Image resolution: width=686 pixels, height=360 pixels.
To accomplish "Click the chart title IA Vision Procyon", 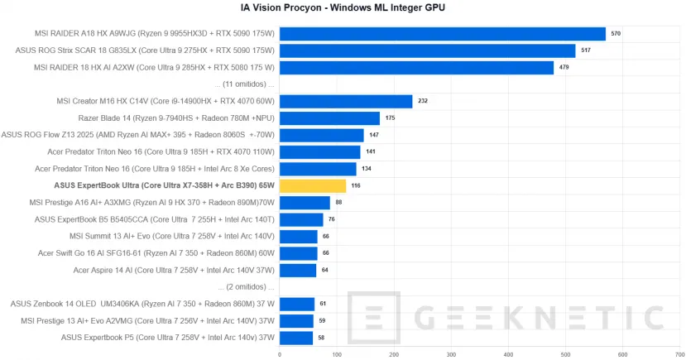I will click(x=343, y=7).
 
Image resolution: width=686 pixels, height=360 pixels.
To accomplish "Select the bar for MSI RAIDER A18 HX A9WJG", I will click(x=443, y=34).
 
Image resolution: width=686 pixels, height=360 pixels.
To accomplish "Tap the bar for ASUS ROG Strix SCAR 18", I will click(x=427, y=50).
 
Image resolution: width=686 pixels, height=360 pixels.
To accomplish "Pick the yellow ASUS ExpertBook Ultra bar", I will click(x=313, y=186).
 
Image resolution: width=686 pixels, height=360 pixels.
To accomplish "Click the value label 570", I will click(x=616, y=34).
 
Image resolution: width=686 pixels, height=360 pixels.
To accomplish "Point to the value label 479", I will click(x=564, y=67).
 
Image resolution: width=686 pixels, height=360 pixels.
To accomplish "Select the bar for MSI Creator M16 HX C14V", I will click(x=346, y=102).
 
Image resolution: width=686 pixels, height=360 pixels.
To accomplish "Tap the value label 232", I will click(x=423, y=102).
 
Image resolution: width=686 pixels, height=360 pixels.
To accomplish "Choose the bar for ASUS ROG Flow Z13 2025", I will click(x=322, y=136).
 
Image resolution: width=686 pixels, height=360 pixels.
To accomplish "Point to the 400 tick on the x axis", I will click(x=509, y=353).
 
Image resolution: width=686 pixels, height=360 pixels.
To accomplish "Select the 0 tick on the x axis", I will click(x=280, y=353).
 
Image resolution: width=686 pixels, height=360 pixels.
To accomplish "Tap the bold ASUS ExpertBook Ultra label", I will click(x=164, y=186).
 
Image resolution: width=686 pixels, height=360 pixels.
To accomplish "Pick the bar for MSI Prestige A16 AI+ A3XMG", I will click(x=305, y=203).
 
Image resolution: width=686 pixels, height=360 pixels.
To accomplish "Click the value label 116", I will click(x=356, y=186).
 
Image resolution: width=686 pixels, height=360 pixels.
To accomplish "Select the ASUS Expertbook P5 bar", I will click(x=296, y=338).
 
